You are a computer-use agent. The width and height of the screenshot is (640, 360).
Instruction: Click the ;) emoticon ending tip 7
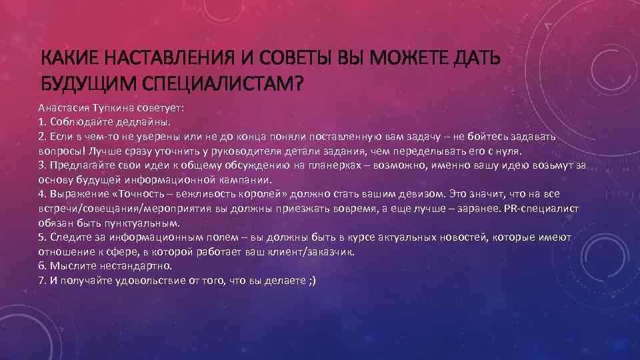tap(311, 281)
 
